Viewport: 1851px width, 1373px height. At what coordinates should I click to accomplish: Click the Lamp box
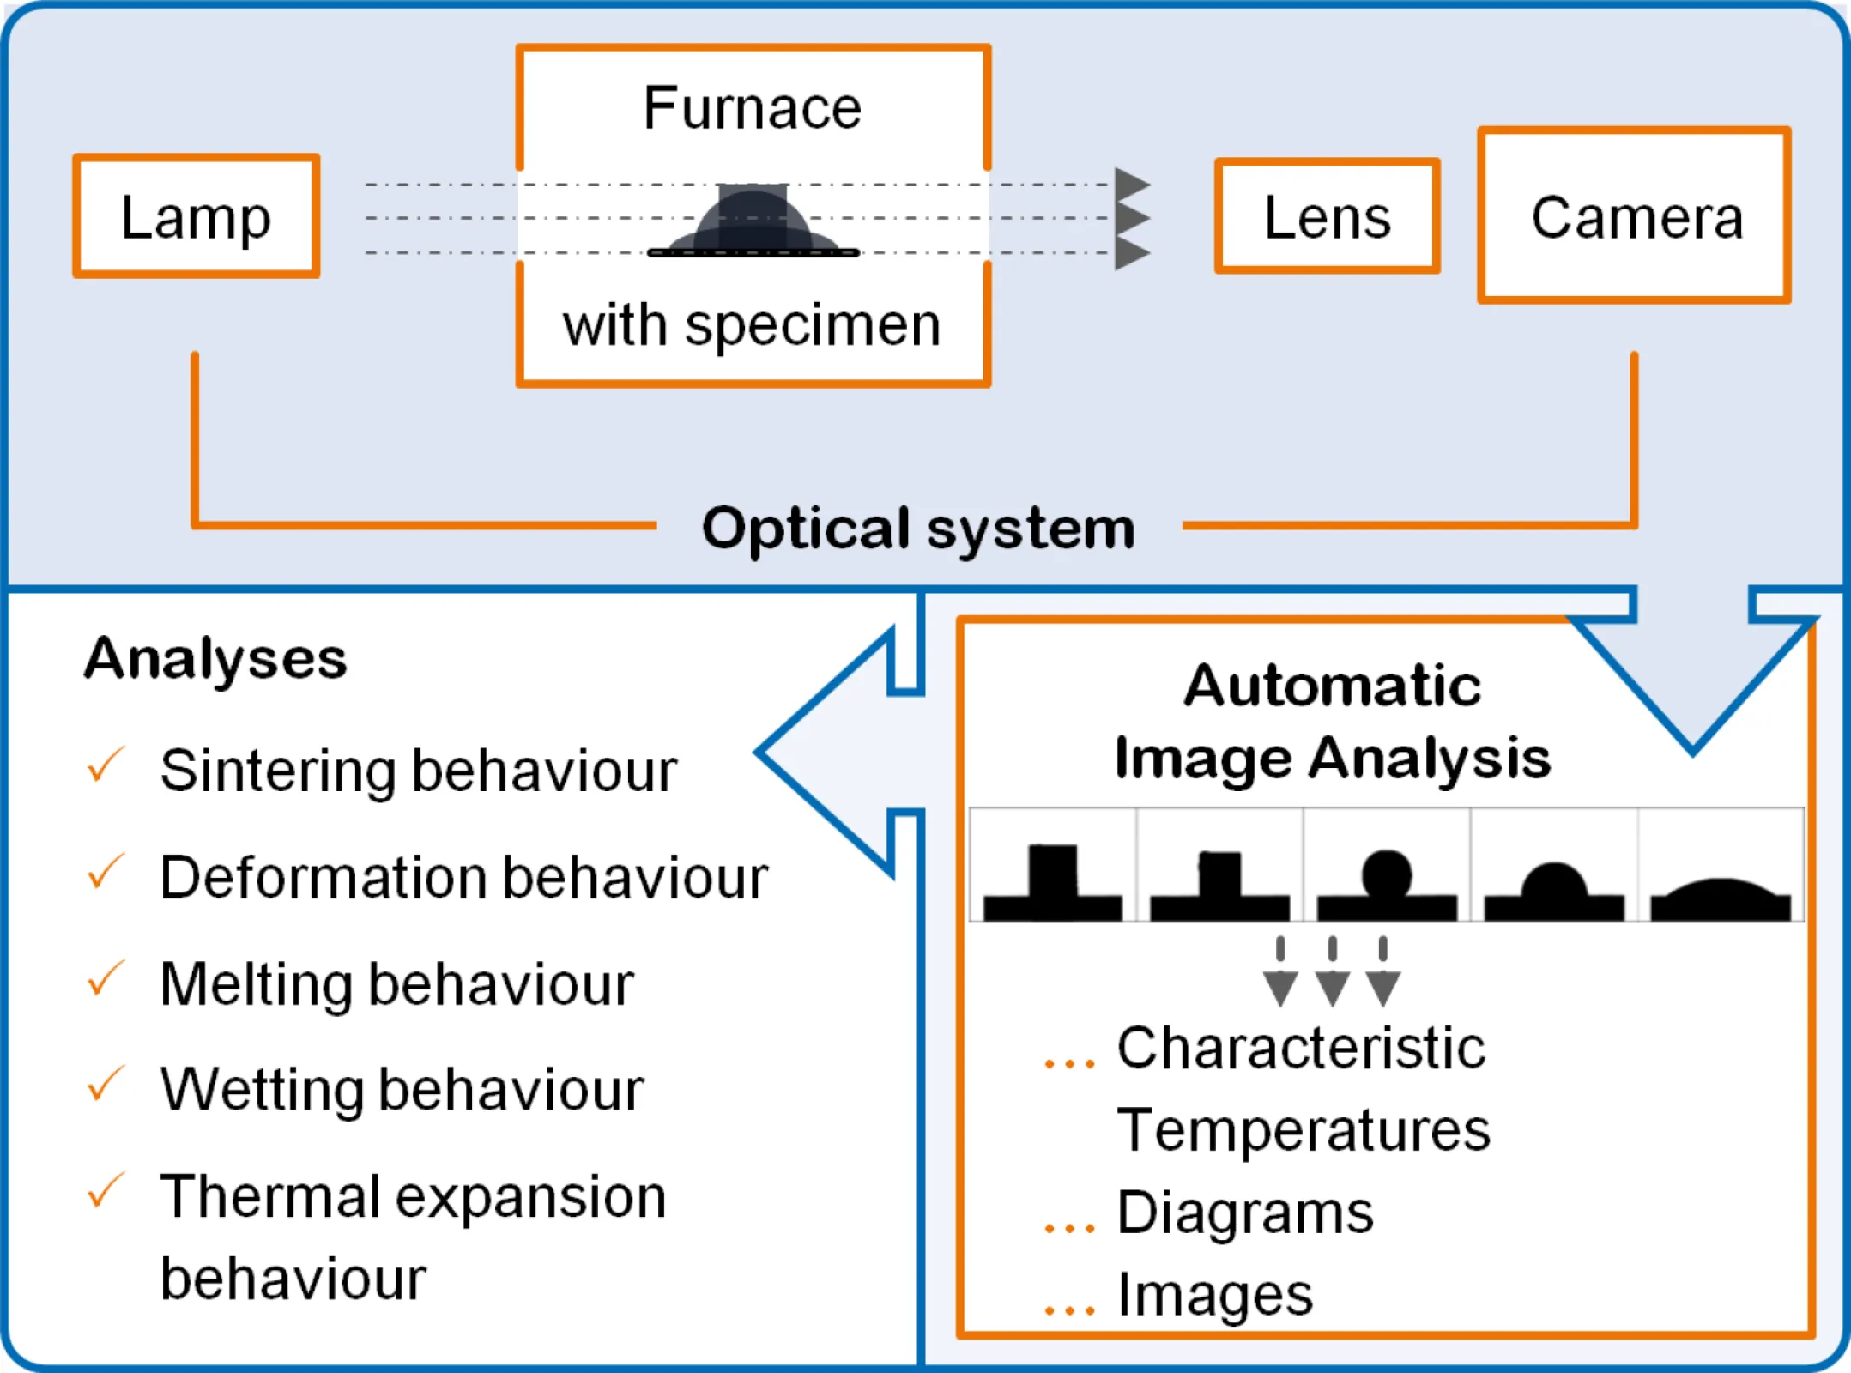[x=196, y=216]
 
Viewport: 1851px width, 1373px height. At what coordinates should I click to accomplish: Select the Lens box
[x=1327, y=216]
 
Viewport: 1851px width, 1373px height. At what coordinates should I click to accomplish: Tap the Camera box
[x=1635, y=216]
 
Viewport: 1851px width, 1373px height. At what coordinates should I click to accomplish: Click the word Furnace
[x=753, y=108]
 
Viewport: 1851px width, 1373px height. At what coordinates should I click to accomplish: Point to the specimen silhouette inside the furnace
[x=753, y=221]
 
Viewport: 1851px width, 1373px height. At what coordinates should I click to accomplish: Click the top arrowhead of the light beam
[x=1132, y=184]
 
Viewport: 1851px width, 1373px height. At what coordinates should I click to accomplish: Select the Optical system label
[x=918, y=527]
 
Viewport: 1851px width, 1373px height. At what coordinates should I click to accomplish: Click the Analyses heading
[x=215, y=658]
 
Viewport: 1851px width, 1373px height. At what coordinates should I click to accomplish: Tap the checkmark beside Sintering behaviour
[x=106, y=765]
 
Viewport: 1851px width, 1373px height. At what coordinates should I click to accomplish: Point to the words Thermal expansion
[x=413, y=1196]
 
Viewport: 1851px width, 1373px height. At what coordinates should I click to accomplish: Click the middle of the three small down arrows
[x=1332, y=974]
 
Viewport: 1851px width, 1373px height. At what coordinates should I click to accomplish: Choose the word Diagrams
[x=1244, y=1213]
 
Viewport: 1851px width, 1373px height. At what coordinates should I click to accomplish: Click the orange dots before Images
[x=1069, y=1309]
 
